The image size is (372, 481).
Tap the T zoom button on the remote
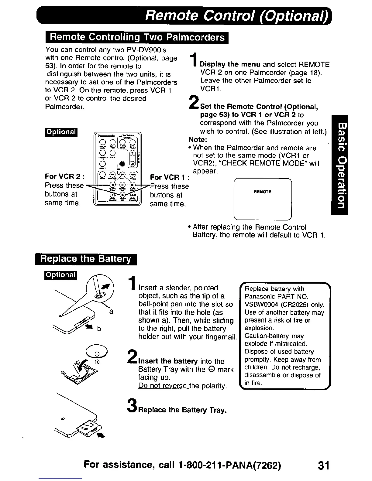click(x=132, y=153)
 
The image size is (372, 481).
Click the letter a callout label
click(x=111, y=312)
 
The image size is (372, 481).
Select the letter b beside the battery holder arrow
click(x=99, y=329)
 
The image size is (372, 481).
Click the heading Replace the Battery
click(x=86, y=259)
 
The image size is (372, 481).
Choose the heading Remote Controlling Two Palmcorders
click(x=137, y=37)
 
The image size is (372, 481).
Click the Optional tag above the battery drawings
click(x=61, y=275)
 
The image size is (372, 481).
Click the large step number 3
click(x=131, y=406)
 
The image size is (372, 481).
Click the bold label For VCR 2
click(x=64, y=177)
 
